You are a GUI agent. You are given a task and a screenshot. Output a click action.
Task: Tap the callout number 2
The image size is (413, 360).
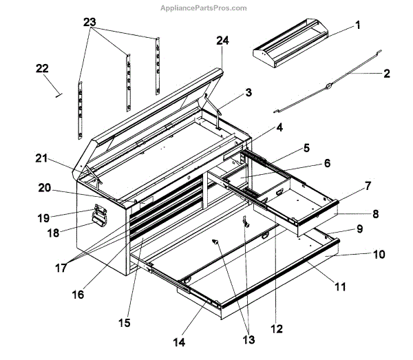[x=386, y=72]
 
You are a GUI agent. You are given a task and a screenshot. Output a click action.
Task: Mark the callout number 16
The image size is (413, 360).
[x=77, y=294]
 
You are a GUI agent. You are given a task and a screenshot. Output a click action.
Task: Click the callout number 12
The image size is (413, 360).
[x=276, y=329]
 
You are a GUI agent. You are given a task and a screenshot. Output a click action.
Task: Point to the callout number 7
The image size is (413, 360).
[x=368, y=186]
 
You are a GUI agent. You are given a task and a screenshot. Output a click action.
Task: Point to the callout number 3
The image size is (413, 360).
[x=248, y=92]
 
